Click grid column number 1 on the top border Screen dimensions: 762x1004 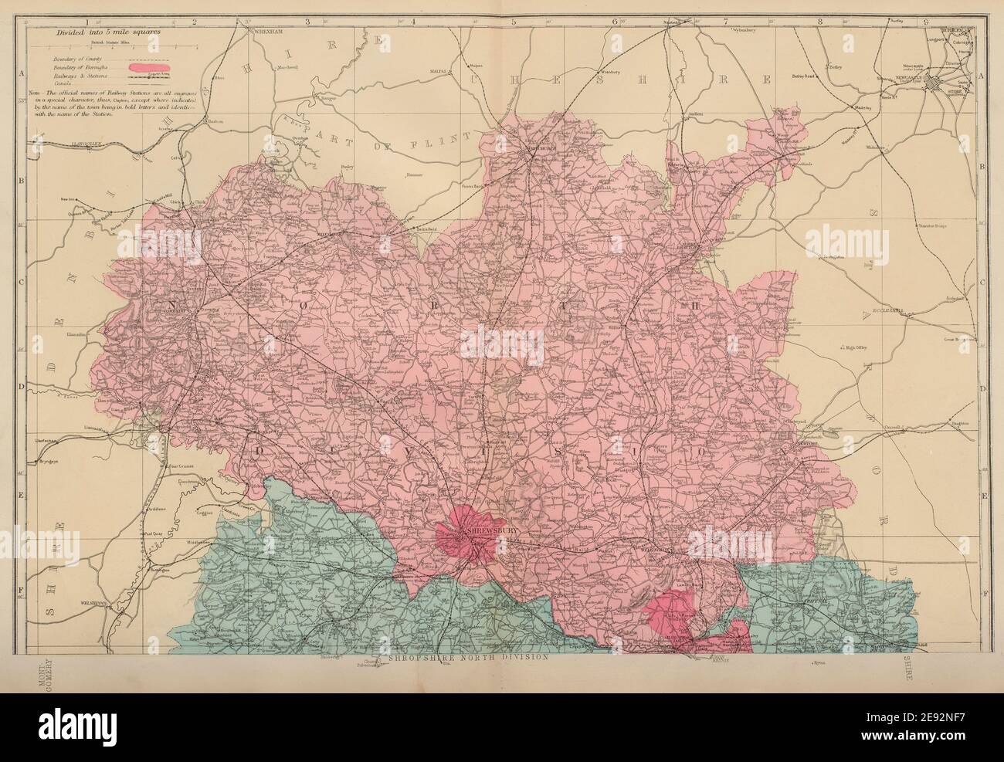87,22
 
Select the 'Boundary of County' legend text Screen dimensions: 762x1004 74,59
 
